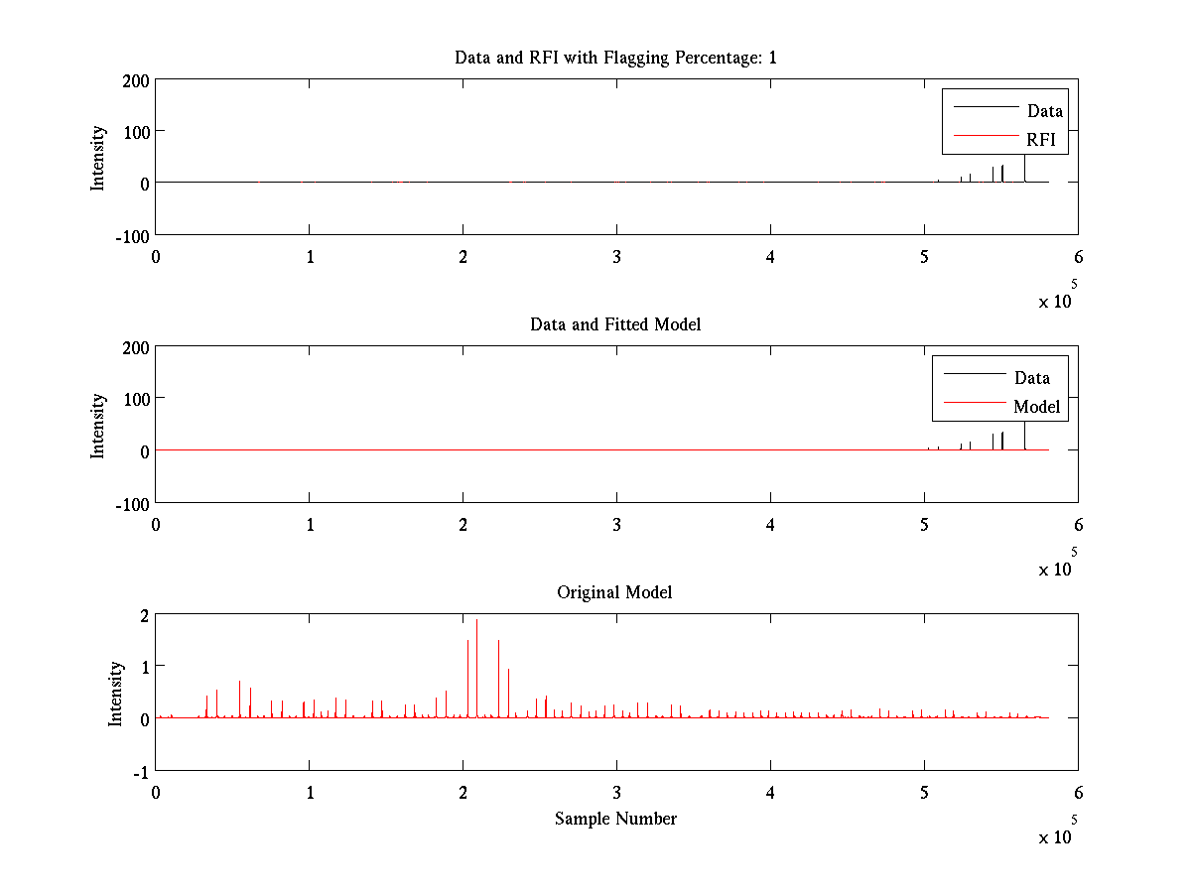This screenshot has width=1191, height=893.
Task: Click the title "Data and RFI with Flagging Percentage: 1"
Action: (615, 58)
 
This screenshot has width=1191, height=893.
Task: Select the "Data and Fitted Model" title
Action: (615, 324)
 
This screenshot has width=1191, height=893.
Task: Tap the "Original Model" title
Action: (615, 592)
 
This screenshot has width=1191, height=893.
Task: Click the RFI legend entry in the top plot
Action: (1041, 140)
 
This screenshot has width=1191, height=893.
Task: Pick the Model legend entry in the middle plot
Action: (1036, 407)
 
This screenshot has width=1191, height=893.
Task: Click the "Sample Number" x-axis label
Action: (615, 819)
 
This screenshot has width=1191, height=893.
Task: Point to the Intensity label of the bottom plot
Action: (116, 693)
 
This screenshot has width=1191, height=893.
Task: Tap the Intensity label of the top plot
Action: (98, 157)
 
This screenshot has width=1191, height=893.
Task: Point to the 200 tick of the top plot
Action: (134, 79)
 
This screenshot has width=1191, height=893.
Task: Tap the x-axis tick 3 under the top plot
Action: (616, 257)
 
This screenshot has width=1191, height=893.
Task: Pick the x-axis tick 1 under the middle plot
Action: (310, 525)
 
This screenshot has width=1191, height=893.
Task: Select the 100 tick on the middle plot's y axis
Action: (134, 399)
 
